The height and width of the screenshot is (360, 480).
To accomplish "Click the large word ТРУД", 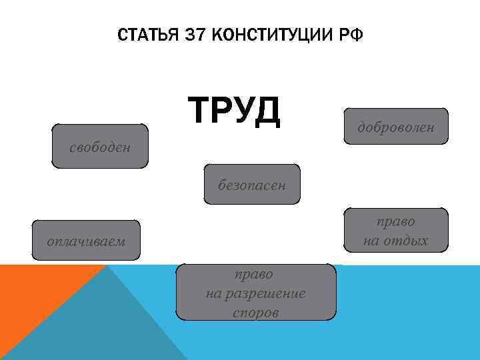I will [x=235, y=111].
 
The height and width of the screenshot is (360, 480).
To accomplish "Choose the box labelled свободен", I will [x=100, y=146].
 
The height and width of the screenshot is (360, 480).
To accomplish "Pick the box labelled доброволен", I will [x=396, y=126].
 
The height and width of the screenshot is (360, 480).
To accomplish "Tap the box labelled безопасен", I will [x=252, y=184].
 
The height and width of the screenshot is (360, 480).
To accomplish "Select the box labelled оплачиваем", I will [x=86, y=240].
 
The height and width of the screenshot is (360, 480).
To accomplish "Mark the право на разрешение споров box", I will [x=256, y=293].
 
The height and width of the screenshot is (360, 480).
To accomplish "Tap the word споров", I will [x=256, y=312].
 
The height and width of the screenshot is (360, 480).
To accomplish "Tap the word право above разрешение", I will [x=254, y=273].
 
